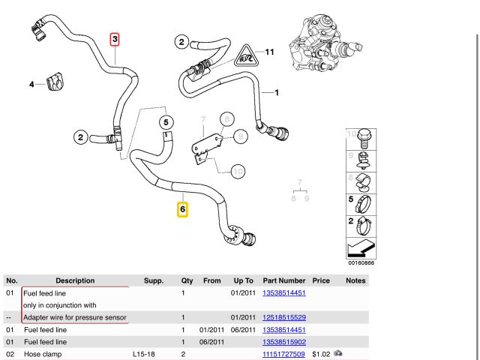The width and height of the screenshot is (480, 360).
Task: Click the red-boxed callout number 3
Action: tap(115, 38)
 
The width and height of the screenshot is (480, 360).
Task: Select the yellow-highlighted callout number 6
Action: tap(182, 210)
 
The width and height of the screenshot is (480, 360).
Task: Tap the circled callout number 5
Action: tap(166, 121)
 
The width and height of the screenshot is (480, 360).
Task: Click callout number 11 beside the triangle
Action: tap(270, 52)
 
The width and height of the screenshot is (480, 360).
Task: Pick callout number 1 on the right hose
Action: tap(277, 93)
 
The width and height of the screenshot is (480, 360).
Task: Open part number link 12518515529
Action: tap(283, 317)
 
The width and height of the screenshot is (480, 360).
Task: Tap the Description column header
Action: tap(75, 280)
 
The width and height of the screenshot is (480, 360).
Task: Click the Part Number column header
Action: tap(283, 280)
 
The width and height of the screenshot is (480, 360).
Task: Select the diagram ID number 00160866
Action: tap(361, 263)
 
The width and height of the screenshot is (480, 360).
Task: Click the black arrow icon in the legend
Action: tap(361, 247)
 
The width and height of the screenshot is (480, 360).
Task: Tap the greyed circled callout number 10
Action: tap(238, 172)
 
